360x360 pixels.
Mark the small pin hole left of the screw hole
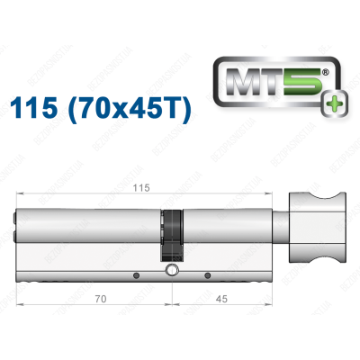[x=134, y=274]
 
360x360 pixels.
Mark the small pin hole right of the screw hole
[x=208, y=274]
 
